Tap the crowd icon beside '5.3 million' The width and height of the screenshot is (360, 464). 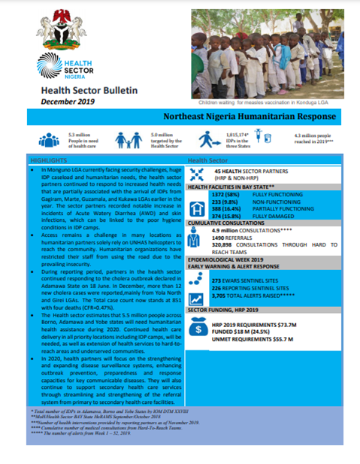pos(49,141)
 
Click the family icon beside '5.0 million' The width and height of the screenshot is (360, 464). pos(126,141)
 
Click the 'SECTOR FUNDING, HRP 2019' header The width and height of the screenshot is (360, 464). pos(225,309)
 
